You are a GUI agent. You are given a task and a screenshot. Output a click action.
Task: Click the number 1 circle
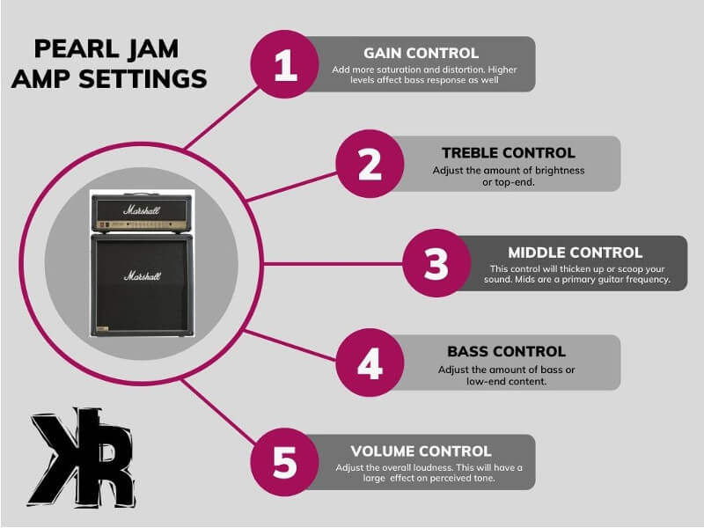286,66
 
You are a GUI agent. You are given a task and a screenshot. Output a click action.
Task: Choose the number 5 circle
285,462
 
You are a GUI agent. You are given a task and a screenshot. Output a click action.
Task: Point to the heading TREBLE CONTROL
509,152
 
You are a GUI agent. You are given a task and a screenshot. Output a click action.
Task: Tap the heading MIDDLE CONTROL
575,253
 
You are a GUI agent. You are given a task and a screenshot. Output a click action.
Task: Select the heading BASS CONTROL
506,352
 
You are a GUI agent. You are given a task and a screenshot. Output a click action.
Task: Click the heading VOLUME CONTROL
421,451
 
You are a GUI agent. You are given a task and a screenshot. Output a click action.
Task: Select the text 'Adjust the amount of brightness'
508,169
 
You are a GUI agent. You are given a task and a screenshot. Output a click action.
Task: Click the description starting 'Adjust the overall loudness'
429,467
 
